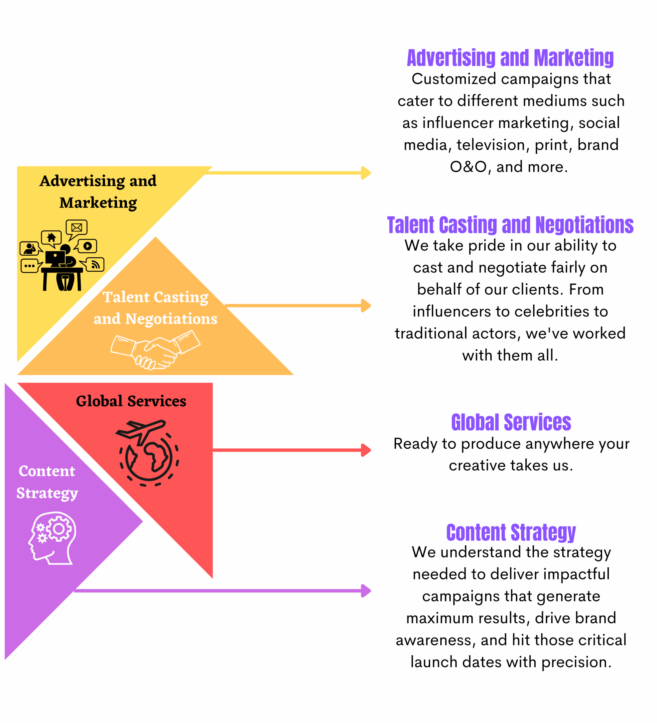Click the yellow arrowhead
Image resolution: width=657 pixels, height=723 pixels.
[x=366, y=173]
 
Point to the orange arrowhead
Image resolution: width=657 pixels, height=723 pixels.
[x=366, y=306]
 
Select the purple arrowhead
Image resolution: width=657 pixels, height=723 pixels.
[x=366, y=591]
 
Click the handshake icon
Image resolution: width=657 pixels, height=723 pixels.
[x=155, y=350]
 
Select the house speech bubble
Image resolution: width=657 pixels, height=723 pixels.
[x=51, y=238]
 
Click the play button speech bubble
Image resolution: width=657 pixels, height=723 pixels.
[x=87, y=246]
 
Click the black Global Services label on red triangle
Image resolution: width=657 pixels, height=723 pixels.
[x=131, y=401]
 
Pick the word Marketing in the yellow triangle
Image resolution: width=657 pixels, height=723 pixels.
[x=98, y=202]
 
